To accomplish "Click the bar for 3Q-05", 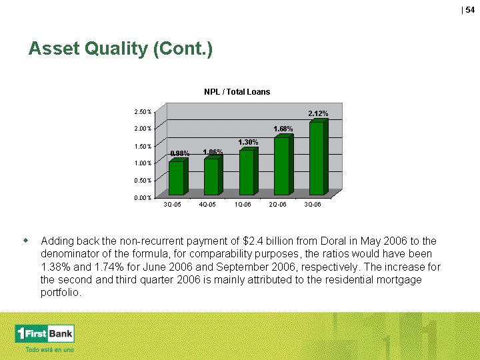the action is click(x=179, y=177).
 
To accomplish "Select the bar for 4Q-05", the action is click(x=213, y=175).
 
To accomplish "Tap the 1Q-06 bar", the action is click(x=249, y=171).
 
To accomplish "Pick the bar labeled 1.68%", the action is click(x=283, y=165).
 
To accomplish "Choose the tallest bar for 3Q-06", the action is click(x=319, y=157).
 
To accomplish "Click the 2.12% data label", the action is click(x=318, y=113).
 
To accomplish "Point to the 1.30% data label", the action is click(x=248, y=142).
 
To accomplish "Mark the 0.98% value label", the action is click(x=180, y=153).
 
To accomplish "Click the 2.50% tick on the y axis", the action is click(x=143, y=112).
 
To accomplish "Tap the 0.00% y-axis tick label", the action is click(x=143, y=198).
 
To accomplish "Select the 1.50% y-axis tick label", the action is click(x=143, y=146).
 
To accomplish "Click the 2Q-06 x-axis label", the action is click(x=277, y=205).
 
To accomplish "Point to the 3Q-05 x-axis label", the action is click(x=173, y=205).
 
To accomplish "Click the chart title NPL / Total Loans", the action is click(x=237, y=92).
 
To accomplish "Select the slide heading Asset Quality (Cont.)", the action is click(x=120, y=49).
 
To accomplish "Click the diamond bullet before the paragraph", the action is click(x=25, y=241).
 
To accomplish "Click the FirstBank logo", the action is click(x=45, y=333).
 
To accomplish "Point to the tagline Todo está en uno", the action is click(x=49, y=349).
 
